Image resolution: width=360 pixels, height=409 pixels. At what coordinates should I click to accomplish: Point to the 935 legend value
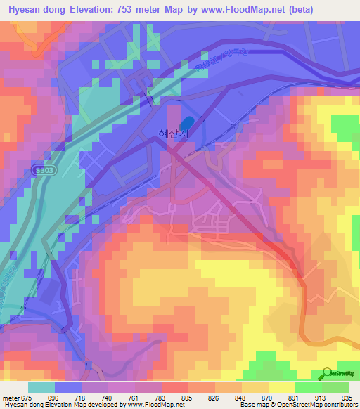[346, 397]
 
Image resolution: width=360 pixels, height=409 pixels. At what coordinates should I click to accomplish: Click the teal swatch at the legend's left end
[41, 387]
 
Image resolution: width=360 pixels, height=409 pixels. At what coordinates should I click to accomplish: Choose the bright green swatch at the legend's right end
[335, 387]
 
